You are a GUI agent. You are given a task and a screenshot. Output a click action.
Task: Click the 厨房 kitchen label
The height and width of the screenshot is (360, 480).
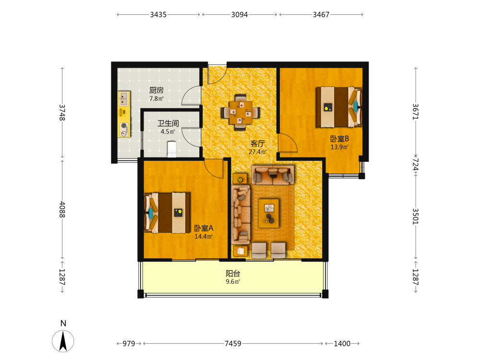coord(156,90)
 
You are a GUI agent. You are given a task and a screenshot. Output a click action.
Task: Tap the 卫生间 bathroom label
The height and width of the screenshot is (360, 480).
coord(168,123)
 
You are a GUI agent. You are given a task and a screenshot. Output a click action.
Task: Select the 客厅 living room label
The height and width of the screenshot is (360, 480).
coord(257,144)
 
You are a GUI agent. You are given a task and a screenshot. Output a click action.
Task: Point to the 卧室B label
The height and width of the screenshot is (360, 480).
coord(339,139)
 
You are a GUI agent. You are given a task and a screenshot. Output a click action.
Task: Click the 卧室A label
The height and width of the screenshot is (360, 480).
coord(204,228)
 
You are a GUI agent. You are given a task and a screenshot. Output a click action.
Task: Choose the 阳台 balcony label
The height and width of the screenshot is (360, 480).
coord(233,274)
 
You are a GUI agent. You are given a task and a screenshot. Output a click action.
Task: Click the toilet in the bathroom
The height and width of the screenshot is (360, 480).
coord(172,149)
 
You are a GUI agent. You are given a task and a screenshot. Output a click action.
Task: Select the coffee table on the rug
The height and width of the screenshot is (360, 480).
coord(268,214)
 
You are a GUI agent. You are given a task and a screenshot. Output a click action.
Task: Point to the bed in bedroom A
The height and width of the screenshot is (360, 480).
coord(167,213)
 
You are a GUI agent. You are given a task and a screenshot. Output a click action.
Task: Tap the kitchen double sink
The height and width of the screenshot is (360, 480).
coord(124,98)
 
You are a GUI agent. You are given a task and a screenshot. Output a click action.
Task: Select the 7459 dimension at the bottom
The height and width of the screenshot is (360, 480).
coord(233,344)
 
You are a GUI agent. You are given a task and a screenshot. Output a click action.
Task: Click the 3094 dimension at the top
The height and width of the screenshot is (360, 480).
coord(240,14)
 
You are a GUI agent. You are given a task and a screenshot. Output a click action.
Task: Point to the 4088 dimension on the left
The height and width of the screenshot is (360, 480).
coord(62,209)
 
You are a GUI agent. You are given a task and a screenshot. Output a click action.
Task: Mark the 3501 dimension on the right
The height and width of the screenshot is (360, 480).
coord(415,216)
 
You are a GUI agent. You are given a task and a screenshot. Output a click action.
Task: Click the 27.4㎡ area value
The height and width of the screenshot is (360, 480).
coord(257,152)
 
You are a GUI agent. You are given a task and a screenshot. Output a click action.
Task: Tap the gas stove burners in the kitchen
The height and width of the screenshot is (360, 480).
coord(124,129)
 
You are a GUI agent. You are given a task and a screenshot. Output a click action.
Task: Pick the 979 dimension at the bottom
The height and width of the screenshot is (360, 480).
coord(129,344)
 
